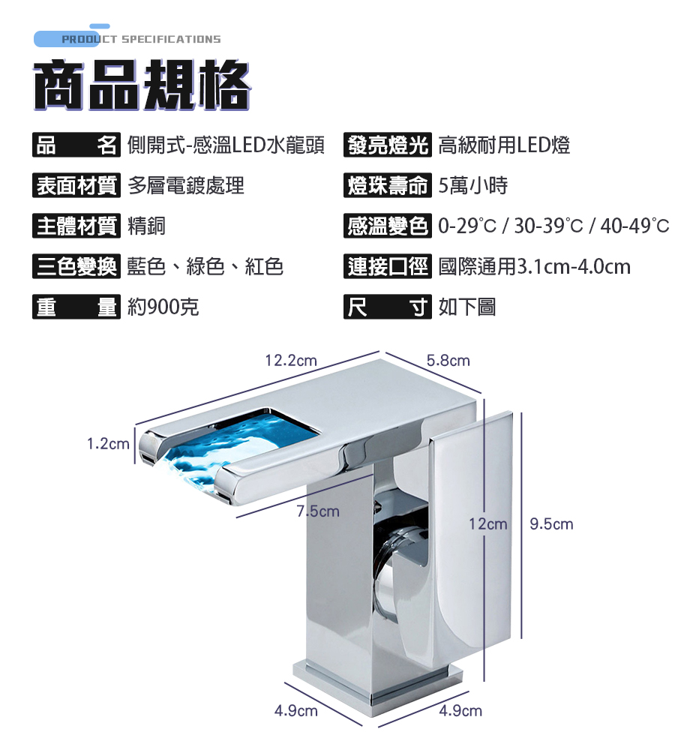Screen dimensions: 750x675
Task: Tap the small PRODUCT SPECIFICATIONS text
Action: click(x=141, y=39)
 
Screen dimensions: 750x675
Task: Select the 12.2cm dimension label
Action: click(x=291, y=361)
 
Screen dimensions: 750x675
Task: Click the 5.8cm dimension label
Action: click(x=448, y=361)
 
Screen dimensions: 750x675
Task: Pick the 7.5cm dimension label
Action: click(x=318, y=511)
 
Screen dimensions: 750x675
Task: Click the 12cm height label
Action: click(x=487, y=523)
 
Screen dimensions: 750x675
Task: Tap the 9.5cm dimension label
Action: click(x=551, y=523)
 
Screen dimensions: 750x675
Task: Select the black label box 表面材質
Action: click(x=76, y=185)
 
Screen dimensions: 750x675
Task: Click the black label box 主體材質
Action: click(x=76, y=225)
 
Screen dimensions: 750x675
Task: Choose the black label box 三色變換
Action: click(x=76, y=265)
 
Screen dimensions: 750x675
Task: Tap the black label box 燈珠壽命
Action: click(x=388, y=185)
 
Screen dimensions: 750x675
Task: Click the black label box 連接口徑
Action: click(x=388, y=265)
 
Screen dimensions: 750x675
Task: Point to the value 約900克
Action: click(x=163, y=306)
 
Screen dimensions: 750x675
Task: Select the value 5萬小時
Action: click(x=472, y=185)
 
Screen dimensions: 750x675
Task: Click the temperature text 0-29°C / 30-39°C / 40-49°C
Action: click(x=553, y=225)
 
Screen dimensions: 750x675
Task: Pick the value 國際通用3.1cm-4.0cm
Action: click(x=534, y=265)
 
